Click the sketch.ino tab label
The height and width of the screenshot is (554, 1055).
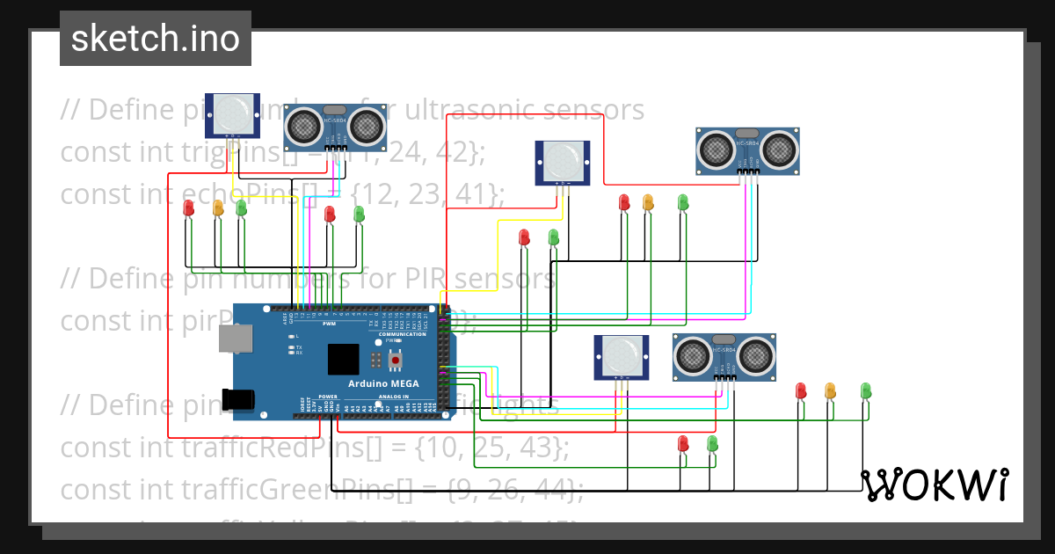pos(155,39)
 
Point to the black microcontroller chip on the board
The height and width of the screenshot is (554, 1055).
pos(344,359)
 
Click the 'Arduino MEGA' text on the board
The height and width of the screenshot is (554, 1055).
pos(383,383)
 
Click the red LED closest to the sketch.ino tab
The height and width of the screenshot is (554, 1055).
pos(188,208)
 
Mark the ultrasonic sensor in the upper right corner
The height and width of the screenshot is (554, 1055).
pos(747,149)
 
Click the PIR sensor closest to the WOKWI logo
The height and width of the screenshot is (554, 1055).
pos(621,356)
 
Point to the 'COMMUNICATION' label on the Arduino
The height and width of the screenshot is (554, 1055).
pos(402,335)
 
